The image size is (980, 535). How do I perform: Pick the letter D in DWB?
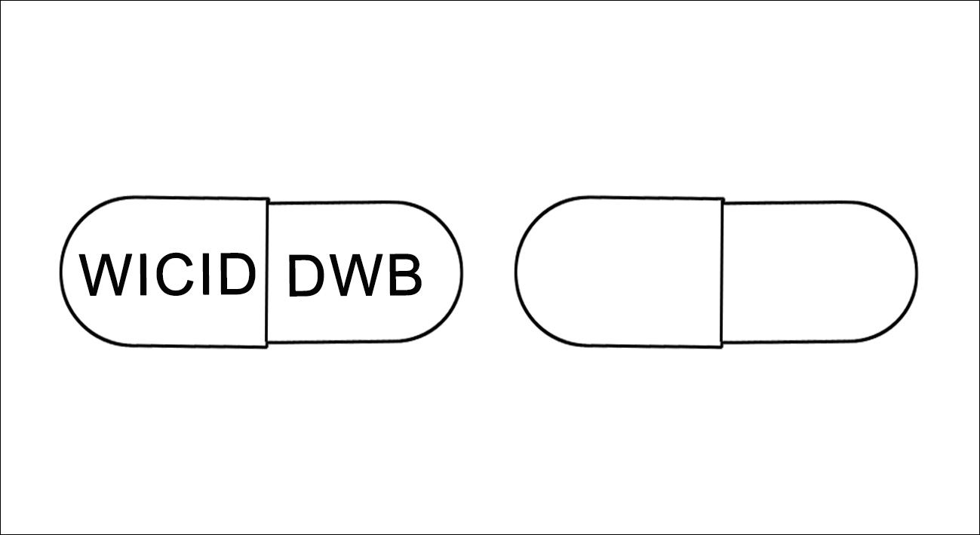click(x=306, y=276)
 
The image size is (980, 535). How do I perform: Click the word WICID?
click(x=167, y=274)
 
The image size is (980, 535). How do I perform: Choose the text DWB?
click(x=355, y=275)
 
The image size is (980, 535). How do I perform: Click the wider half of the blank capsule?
click(x=619, y=272)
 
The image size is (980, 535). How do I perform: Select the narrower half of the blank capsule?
click(x=819, y=272)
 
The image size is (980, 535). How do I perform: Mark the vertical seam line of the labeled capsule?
click(x=267, y=273)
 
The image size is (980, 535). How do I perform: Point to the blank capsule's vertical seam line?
click(x=722, y=273)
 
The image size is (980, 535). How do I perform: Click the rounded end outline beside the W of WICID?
click(x=60, y=272)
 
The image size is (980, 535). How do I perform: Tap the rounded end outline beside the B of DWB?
click(x=462, y=272)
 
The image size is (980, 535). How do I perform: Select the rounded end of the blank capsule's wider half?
click(x=516, y=272)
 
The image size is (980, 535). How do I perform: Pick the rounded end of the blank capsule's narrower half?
click(x=917, y=272)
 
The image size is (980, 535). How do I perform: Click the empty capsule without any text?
click(x=716, y=272)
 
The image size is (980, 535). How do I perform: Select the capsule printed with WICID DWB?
click(x=261, y=272)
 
